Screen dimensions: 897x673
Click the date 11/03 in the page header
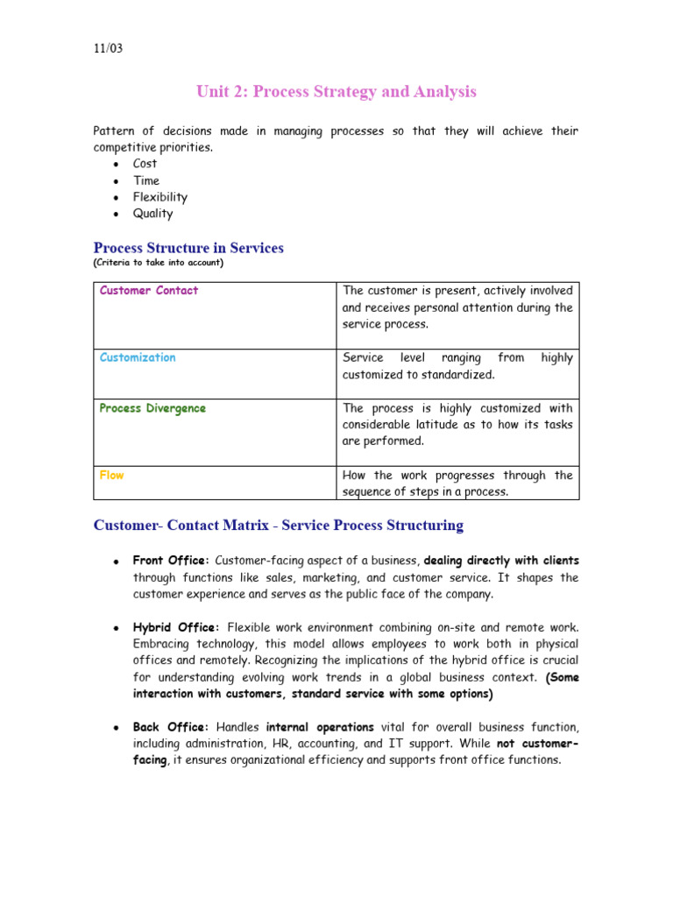109,48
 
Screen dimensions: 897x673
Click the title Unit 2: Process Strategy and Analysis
336,92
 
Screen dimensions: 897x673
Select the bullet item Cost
145,164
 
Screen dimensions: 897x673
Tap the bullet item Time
146,180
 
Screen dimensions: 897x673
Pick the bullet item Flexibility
160,197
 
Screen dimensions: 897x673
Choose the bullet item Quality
153,214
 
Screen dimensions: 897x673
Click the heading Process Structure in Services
188,248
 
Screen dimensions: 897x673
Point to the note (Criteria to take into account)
159,263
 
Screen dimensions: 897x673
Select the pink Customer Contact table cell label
149,291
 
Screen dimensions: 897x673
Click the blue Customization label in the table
138,357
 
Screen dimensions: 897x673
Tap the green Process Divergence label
153,408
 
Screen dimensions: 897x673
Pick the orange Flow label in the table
112,476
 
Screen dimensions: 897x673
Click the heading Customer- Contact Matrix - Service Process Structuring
279,526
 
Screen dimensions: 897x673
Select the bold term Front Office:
171,561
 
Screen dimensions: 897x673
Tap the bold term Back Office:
170,727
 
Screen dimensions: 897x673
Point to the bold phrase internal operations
320,727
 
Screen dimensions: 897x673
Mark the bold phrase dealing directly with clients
501,561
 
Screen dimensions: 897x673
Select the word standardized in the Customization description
441,375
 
